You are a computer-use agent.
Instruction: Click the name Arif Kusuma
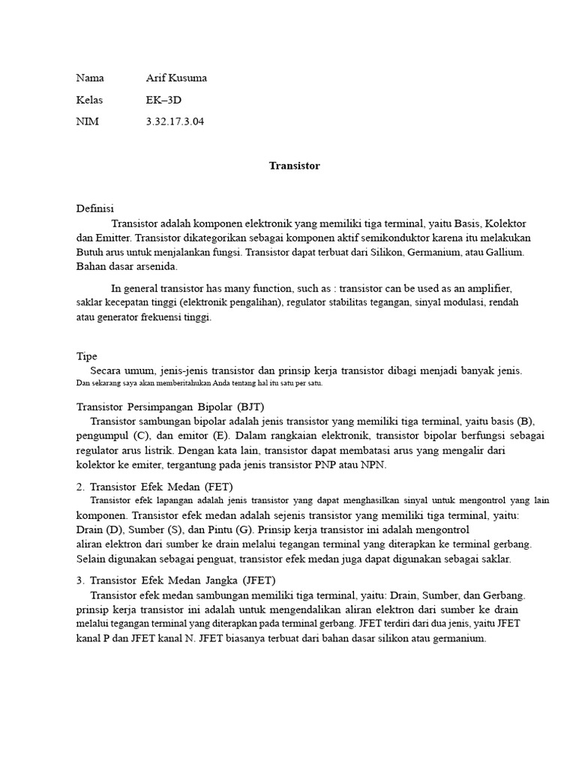click(176, 78)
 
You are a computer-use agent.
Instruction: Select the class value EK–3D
click(163, 100)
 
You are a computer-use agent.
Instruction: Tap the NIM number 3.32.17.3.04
click(174, 121)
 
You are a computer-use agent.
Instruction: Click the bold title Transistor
click(295, 166)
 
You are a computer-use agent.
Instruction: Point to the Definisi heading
click(95, 208)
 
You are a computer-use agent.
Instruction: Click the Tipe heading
click(87, 356)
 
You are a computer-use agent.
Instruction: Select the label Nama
click(91, 78)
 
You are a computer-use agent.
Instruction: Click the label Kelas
click(90, 100)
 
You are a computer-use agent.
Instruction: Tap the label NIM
click(87, 121)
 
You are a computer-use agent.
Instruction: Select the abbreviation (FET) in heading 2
click(217, 487)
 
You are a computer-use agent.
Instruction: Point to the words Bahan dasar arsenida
click(127, 266)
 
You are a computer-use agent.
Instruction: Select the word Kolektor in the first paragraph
click(505, 223)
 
